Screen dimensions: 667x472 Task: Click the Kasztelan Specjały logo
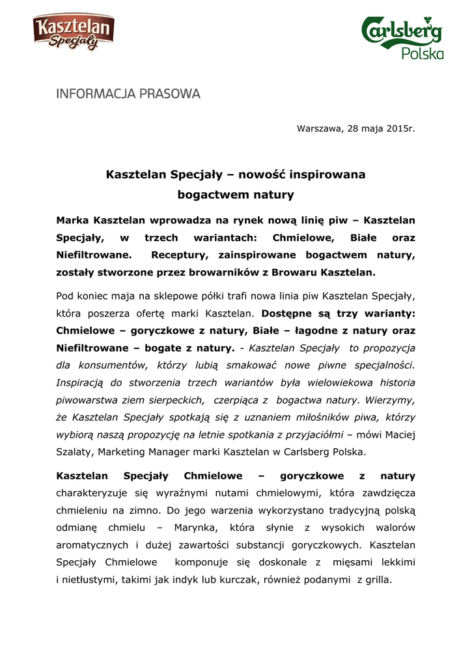(74, 33)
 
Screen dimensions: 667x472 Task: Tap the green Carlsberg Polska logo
(402, 38)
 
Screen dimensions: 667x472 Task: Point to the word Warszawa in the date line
(319, 128)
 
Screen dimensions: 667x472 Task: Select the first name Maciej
(399, 433)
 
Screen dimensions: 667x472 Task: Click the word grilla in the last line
(378, 578)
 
